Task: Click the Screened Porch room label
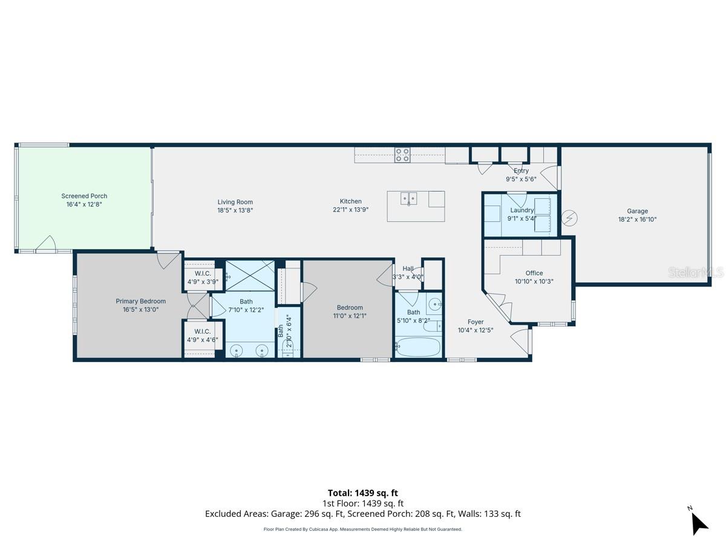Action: [84, 196]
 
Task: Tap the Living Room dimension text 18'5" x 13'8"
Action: [235, 210]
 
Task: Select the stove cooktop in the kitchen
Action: [402, 155]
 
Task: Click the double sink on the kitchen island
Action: [409, 198]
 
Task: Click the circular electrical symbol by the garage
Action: [569, 218]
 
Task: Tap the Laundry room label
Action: [522, 210]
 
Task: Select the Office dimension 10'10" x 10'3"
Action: [534, 281]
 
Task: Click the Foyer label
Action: [476, 322]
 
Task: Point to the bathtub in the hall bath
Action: [417, 348]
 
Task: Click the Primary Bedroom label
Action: [140, 301]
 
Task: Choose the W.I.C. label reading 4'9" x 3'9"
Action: [203, 281]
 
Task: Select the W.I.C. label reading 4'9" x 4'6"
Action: [203, 340]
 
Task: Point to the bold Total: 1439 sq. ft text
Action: [362, 493]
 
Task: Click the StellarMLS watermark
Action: [695, 273]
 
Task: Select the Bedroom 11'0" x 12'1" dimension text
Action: [350, 316]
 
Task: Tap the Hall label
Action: [408, 268]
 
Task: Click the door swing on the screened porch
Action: [45, 244]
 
